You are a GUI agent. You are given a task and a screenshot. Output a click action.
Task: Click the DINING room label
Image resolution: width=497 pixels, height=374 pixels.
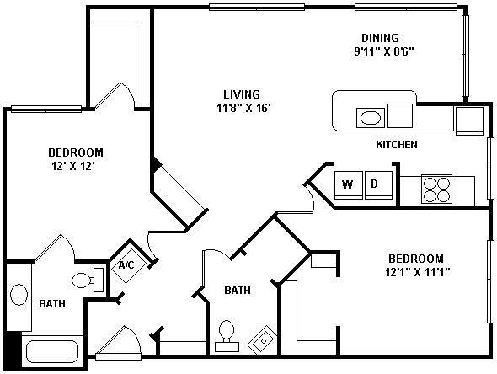[x=380, y=38]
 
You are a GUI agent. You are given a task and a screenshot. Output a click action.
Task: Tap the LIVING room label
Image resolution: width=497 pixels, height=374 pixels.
[x=241, y=94]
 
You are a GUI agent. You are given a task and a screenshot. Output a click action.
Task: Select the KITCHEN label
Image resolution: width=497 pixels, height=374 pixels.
[x=396, y=145]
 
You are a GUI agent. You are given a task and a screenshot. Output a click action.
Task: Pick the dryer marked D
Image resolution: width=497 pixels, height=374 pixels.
[x=377, y=184]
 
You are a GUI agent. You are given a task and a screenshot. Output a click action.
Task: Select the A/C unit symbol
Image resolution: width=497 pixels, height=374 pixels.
[x=127, y=265]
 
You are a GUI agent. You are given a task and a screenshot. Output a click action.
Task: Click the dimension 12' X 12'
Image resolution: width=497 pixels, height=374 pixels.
[x=74, y=167]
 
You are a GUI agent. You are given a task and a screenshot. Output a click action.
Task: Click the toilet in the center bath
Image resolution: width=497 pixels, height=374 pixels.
[x=226, y=333]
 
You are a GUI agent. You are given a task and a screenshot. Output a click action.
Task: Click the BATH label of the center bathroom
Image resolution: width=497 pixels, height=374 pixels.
[x=237, y=291]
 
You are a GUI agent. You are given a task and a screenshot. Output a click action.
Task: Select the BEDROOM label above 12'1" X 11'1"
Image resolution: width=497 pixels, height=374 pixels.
[x=415, y=258]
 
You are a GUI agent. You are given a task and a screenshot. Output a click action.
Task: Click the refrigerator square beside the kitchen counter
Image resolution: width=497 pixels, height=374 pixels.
[x=469, y=120]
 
